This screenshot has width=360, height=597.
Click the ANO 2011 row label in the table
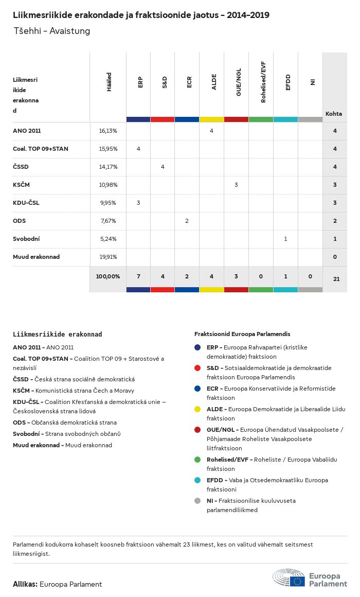[27, 131]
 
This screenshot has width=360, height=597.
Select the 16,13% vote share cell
[108, 131]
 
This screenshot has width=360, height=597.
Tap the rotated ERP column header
[140, 83]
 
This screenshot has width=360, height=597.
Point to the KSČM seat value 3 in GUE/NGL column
[236, 185]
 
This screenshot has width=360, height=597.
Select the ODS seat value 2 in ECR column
[187, 221]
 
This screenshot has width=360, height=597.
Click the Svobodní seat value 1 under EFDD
[285, 239]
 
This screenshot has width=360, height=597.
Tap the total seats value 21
[336, 278]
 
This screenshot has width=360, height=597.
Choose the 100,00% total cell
[108, 276]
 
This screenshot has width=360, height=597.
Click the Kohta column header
[334, 114]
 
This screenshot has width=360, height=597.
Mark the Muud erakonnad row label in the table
[36, 257]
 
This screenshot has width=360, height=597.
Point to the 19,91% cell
[108, 257]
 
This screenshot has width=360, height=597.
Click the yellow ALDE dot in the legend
[198, 409]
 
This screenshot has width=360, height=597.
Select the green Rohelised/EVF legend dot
[198, 460]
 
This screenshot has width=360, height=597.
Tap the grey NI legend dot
[198, 501]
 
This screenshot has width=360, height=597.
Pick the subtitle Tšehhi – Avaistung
[52, 31]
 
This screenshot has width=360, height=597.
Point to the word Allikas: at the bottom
[25, 584]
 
